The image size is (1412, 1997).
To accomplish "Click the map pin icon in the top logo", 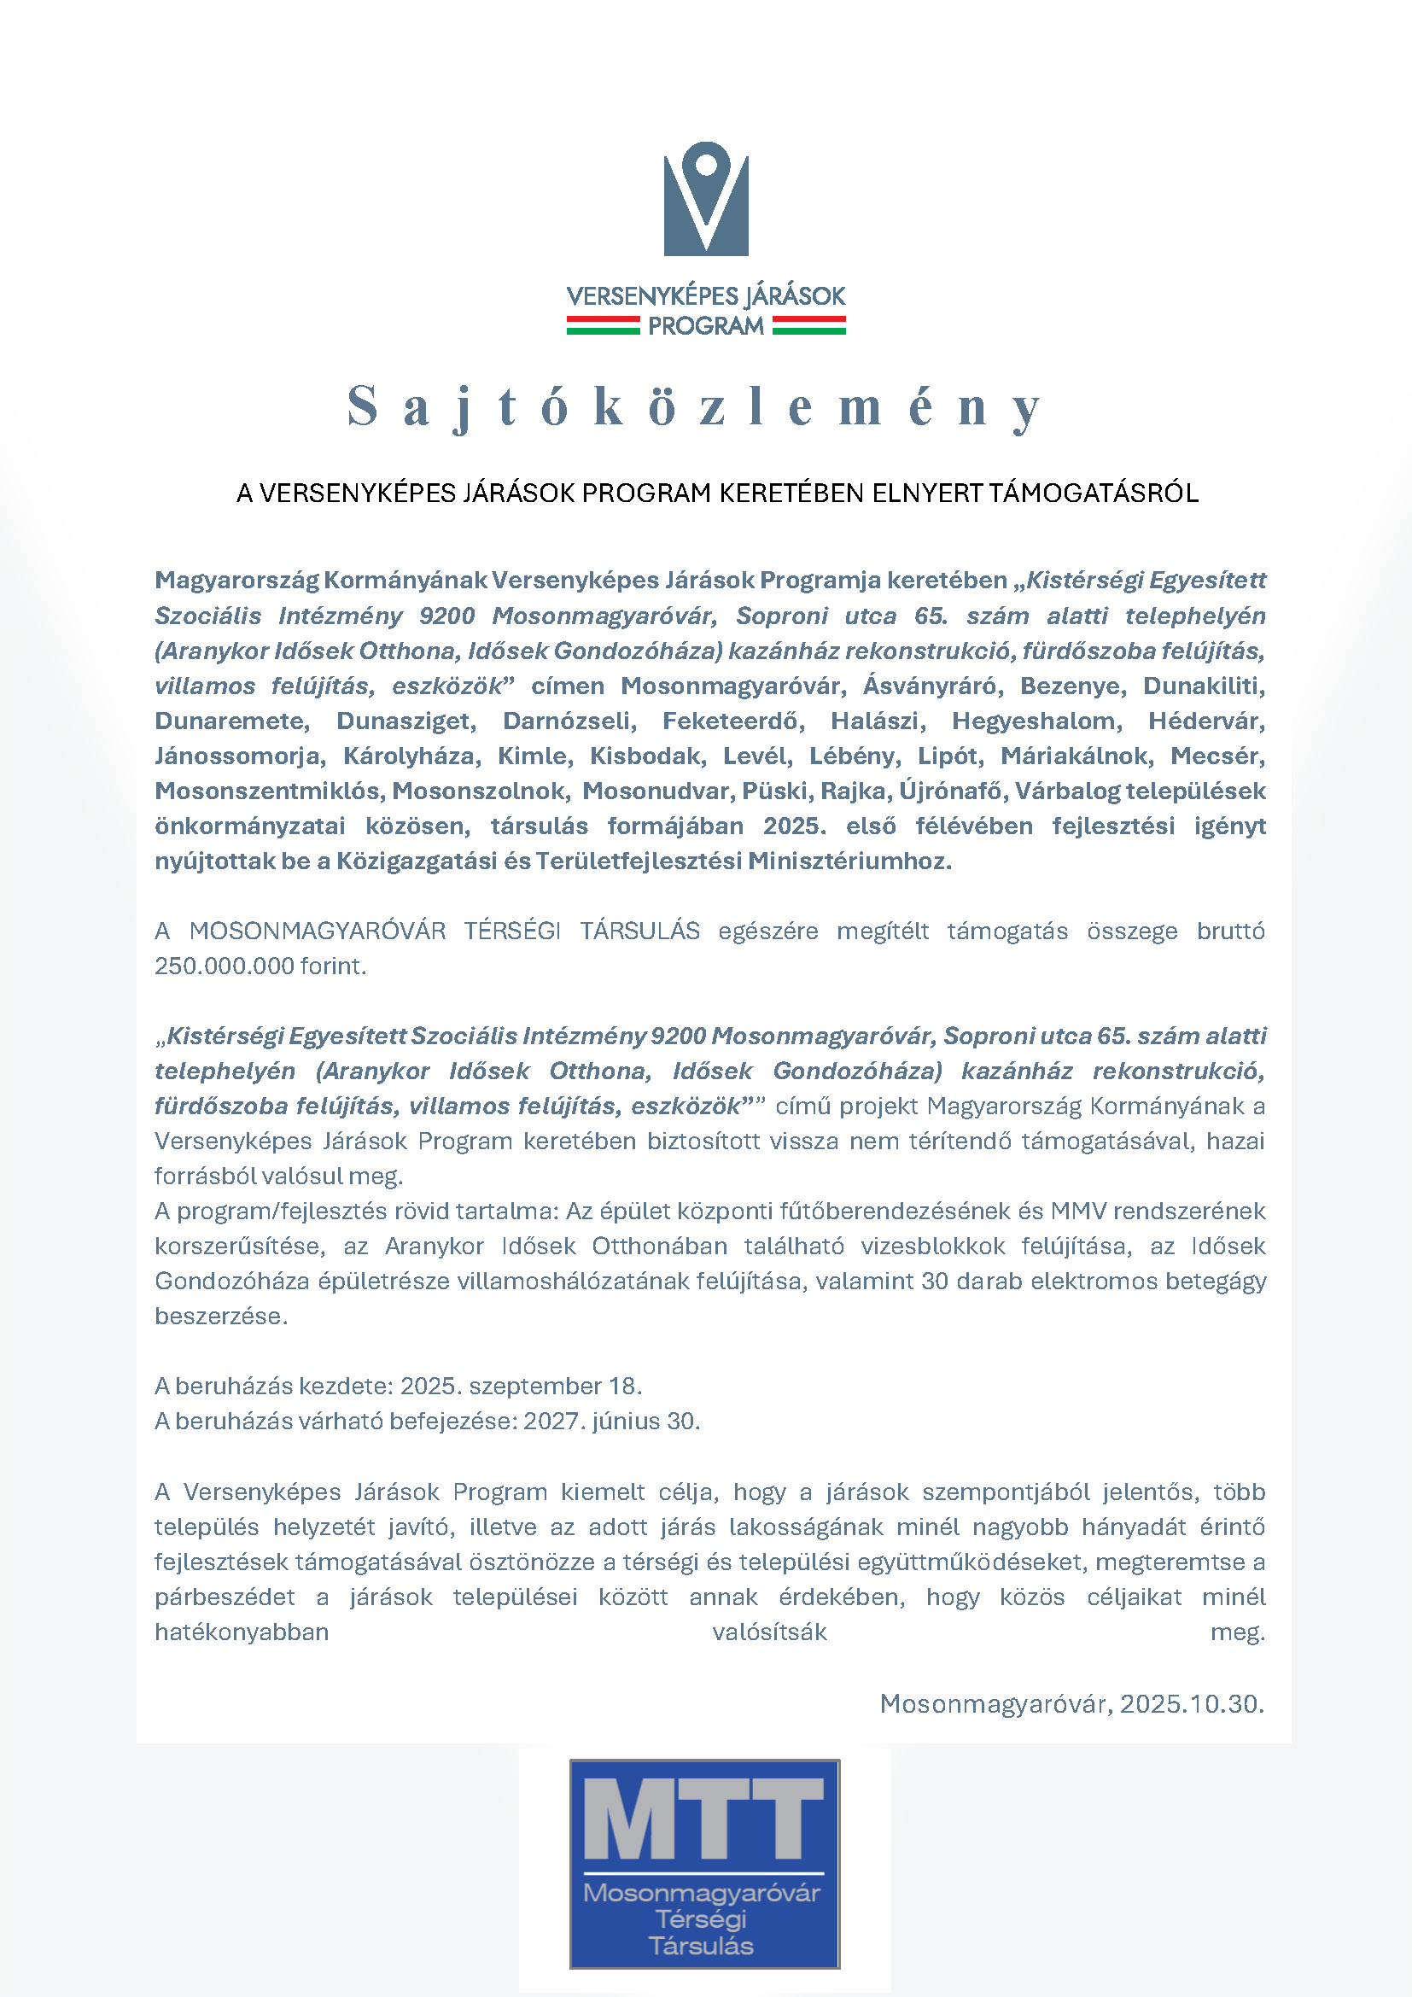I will click(x=706, y=166).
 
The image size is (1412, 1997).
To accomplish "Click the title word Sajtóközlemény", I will click(x=696, y=406).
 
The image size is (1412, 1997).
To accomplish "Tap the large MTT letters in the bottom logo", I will click(x=703, y=1818).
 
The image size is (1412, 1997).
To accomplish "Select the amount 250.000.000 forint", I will click(x=260, y=966).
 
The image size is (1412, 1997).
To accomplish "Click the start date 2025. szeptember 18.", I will click(x=521, y=1386).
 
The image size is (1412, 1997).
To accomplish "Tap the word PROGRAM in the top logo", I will click(x=705, y=326).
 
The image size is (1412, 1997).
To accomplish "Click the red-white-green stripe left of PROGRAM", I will click(x=603, y=325).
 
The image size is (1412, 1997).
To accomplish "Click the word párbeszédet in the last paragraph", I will click(x=225, y=1597).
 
